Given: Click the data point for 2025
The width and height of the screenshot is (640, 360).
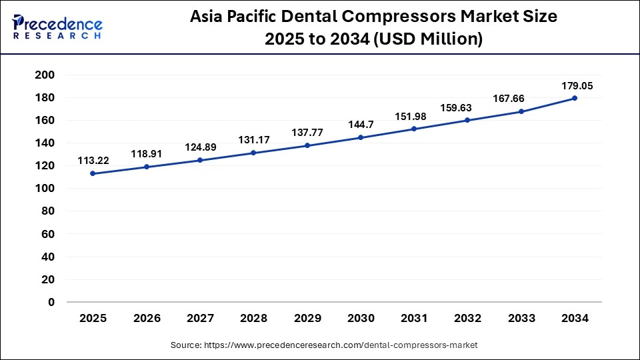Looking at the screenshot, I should (x=93, y=173).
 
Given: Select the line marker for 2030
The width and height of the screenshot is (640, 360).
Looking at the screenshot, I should (x=361, y=137).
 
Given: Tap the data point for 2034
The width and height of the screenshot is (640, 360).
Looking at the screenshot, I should (x=575, y=98).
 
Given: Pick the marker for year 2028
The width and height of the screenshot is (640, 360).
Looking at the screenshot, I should (x=253, y=153).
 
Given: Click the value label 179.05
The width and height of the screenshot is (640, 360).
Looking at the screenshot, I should (x=577, y=86).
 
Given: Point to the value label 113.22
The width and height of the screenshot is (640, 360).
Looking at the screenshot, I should (x=93, y=160).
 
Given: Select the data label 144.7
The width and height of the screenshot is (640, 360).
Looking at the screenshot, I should (x=361, y=125).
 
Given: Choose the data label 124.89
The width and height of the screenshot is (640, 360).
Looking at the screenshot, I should (x=200, y=147).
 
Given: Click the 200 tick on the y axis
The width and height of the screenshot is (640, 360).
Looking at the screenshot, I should (x=45, y=75).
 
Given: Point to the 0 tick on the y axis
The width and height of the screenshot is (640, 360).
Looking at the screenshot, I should (x=51, y=302).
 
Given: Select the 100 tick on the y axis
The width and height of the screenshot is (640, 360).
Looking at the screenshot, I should (x=45, y=189).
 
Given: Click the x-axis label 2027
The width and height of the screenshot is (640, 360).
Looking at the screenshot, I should (x=200, y=319).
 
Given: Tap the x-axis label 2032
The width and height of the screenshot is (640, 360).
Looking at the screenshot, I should (x=467, y=319).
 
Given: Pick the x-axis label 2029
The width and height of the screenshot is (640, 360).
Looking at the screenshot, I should (x=307, y=319).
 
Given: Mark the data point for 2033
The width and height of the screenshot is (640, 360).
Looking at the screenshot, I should (x=521, y=111).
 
